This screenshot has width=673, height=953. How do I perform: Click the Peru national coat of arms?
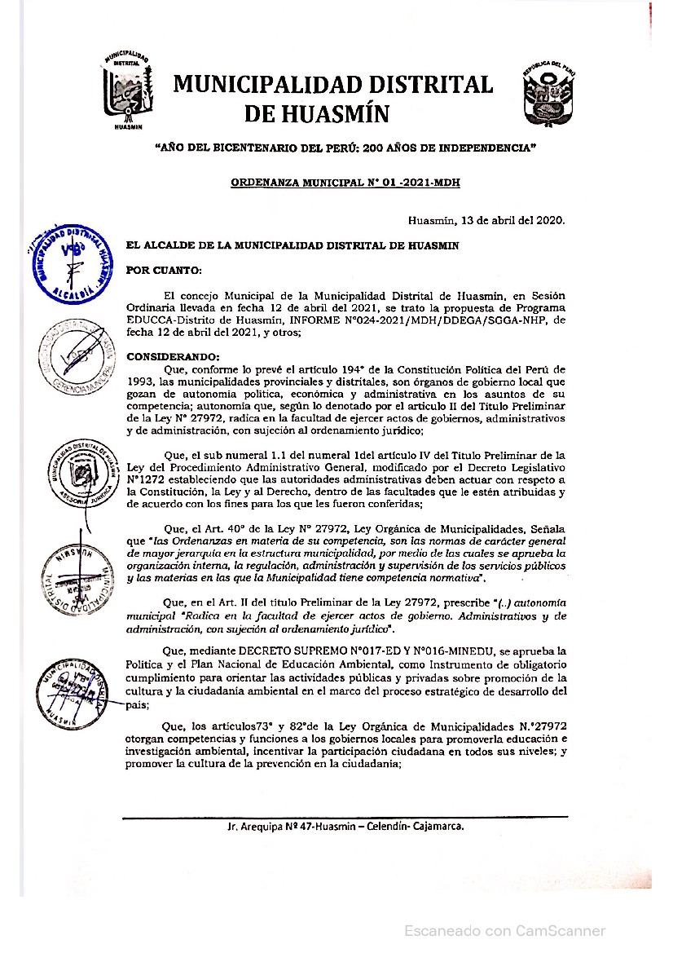point(548,94)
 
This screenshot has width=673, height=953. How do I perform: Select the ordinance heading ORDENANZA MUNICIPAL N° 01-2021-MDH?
point(345,183)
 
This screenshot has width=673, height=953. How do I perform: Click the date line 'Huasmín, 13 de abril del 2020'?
point(486,219)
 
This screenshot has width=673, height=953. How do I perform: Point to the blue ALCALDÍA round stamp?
point(71,261)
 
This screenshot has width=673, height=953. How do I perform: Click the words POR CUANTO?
point(163,270)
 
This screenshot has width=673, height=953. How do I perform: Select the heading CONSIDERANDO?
point(174,357)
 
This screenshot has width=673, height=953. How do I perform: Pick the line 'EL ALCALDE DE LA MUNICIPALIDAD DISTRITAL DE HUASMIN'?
point(292,245)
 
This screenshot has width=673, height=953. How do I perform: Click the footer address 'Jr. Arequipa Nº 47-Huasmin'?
point(345,827)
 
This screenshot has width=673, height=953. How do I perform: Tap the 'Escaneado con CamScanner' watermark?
point(505,930)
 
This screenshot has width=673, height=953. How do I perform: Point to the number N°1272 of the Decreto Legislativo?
point(147,480)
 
